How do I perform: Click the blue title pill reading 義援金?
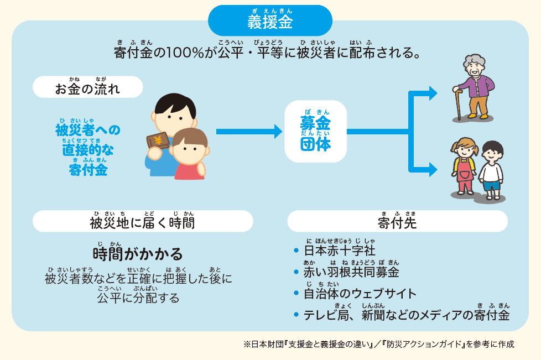click(270, 20)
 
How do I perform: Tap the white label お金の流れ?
click(87, 87)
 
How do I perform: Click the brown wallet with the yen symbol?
click(158, 140)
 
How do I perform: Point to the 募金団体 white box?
click(315, 132)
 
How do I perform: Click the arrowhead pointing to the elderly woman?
click(433, 93)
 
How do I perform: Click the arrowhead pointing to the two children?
click(433, 170)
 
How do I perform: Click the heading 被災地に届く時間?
click(143, 222)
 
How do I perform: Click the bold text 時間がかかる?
click(138, 254)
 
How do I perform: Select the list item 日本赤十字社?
click(340, 251)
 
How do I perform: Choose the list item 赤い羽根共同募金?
click(351, 272)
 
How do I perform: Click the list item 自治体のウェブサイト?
click(360, 294)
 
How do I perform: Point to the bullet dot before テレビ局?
click(296, 315)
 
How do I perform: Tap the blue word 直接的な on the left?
click(88, 150)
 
